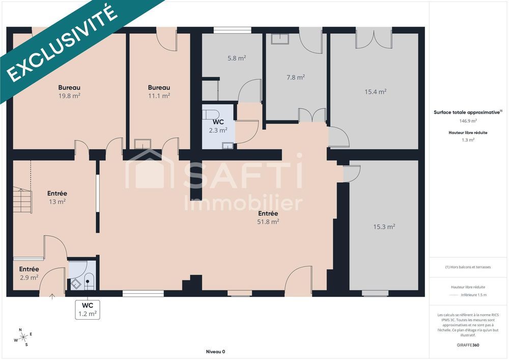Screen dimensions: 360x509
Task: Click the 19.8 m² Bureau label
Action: click(x=69, y=91)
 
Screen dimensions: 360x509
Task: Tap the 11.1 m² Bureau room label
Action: click(x=159, y=91)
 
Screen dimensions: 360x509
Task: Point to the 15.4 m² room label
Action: click(x=375, y=92)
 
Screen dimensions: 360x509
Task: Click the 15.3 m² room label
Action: click(x=384, y=227)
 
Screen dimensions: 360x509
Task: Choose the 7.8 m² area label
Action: click(x=295, y=77)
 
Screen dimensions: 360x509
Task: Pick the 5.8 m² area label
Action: click(x=237, y=58)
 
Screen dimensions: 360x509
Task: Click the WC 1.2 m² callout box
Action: click(x=87, y=310)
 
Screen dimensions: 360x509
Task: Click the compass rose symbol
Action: click(x=23, y=337)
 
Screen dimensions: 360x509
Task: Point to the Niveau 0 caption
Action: click(x=215, y=351)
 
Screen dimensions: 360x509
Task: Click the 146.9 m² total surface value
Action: click(x=468, y=121)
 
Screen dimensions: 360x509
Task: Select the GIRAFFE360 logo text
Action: click(x=468, y=345)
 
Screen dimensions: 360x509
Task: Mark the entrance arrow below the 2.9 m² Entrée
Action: click(x=52, y=296)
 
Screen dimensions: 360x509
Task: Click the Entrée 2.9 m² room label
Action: click(x=29, y=273)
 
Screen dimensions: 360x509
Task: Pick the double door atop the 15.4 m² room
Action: click(x=375, y=40)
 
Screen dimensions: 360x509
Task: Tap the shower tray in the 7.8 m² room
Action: click(x=279, y=39)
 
